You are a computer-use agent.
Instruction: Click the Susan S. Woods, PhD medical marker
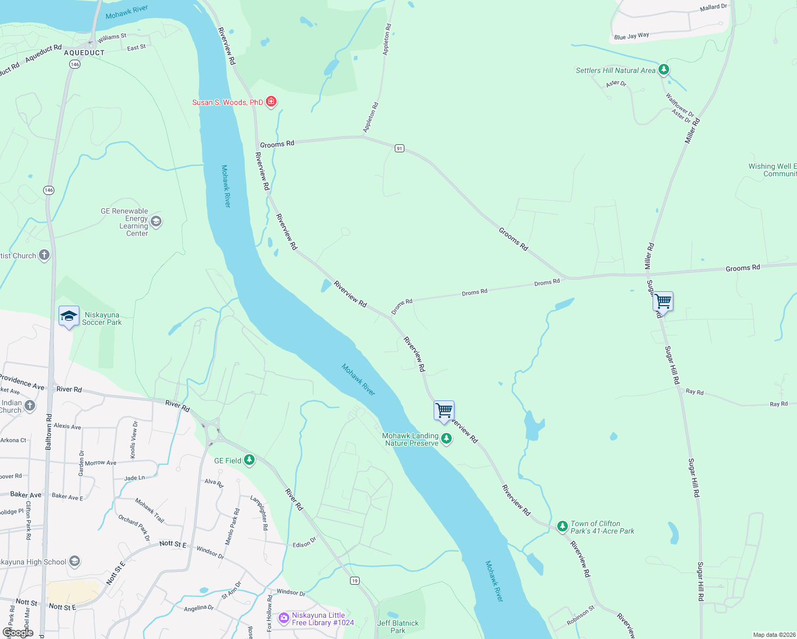(271, 101)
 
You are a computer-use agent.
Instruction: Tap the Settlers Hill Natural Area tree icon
(663, 70)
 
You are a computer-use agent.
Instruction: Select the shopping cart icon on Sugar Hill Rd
(663, 301)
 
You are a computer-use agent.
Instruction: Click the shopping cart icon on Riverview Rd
(444, 411)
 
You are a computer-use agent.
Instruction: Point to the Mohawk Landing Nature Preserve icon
(446, 439)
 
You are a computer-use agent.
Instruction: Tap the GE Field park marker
(249, 460)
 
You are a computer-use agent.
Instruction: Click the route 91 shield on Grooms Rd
(400, 148)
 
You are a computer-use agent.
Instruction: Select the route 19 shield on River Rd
(355, 580)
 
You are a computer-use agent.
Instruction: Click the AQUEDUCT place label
(84, 53)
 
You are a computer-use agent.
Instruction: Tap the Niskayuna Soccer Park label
(102, 318)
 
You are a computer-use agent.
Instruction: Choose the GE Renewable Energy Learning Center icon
(156, 221)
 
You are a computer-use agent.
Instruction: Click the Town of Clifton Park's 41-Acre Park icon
(562, 526)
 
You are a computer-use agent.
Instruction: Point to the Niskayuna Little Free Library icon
(284, 618)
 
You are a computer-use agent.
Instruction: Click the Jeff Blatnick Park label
(398, 627)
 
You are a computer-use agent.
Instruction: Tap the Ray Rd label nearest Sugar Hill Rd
(695, 391)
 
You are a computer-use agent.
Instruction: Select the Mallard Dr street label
(713, 7)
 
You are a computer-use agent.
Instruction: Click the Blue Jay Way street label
(631, 36)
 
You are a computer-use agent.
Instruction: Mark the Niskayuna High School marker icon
(75, 561)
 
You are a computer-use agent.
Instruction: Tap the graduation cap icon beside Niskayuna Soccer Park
(69, 316)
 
